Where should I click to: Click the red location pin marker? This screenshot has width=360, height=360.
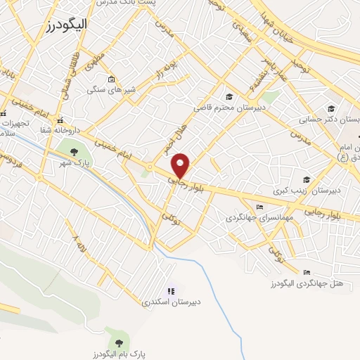point(181,165)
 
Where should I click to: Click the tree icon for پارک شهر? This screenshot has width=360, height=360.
point(73,152)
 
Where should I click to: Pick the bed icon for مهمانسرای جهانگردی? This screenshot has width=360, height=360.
point(259,207)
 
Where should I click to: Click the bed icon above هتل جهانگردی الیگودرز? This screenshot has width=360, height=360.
point(306,272)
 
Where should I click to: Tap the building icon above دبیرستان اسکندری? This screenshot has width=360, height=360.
point(170,290)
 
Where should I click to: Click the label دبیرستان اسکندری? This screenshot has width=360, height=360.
point(171,302)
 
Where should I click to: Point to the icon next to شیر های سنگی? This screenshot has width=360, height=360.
point(111,78)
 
